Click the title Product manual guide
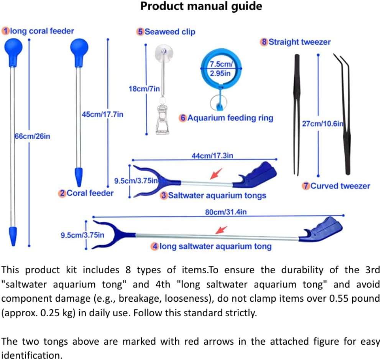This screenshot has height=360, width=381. pyautogui.click(x=201, y=7)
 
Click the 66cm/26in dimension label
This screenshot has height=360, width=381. pyautogui.click(x=32, y=136)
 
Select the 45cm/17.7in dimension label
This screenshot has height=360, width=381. pyautogui.click(x=102, y=114)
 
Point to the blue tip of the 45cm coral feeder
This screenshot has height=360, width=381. pyautogui.click(x=79, y=177)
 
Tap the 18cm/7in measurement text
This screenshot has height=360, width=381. pyautogui.click(x=144, y=89)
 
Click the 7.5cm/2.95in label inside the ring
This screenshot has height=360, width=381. pyautogui.click(x=221, y=69)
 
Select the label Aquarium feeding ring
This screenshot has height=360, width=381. pyautogui.click(x=230, y=118)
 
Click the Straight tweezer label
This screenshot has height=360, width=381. pyautogui.click(x=299, y=42)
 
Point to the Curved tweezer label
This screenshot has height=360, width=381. pyautogui.click(x=340, y=186)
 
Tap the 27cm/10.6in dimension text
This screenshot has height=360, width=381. pyautogui.click(x=323, y=124)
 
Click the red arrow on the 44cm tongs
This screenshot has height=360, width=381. pyautogui.click(x=216, y=173)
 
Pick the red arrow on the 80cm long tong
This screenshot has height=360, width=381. pyautogui.click(x=221, y=230)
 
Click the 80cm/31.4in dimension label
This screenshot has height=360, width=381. pyautogui.click(x=226, y=212)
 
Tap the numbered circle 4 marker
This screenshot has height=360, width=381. pyautogui.click(x=155, y=246)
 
